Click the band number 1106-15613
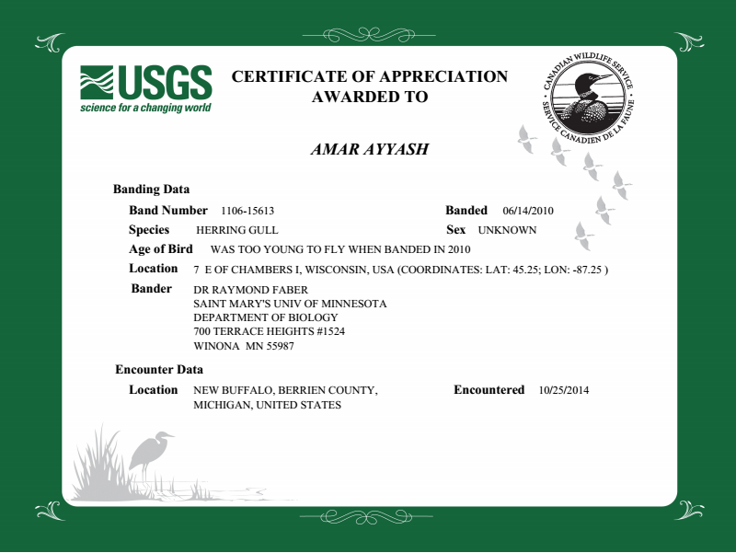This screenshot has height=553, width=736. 248,211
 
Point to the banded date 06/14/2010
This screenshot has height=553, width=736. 528,211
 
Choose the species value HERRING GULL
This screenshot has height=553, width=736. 237,231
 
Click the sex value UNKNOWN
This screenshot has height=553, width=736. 507,231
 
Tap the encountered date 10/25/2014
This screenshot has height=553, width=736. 563,390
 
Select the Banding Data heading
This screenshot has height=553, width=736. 151,190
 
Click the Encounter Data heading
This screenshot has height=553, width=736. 159,370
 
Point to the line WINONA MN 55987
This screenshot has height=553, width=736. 244,346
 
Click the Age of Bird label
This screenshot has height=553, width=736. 161,249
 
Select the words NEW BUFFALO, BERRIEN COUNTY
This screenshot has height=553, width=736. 285,390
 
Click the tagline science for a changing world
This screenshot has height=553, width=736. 145,108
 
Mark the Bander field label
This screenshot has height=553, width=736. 152,289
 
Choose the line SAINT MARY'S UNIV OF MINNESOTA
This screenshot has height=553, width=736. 290,304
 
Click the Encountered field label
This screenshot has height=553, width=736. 489,390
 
